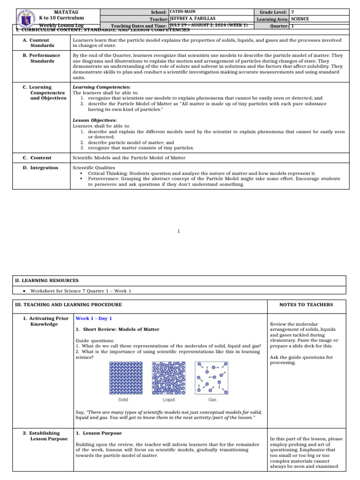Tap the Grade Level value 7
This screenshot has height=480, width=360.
pos(293,11)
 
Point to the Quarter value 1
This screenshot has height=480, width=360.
pos(293,26)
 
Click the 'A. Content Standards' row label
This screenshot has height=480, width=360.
pos(39,43)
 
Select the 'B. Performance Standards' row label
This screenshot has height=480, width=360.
pos(42,58)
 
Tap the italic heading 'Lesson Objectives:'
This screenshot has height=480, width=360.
pos(95,120)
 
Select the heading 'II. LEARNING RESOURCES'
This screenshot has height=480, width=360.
pos(47,280)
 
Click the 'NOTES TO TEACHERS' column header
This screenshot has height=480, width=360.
pos(306,305)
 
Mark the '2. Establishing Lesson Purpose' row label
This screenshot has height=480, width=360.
pos(42,436)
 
